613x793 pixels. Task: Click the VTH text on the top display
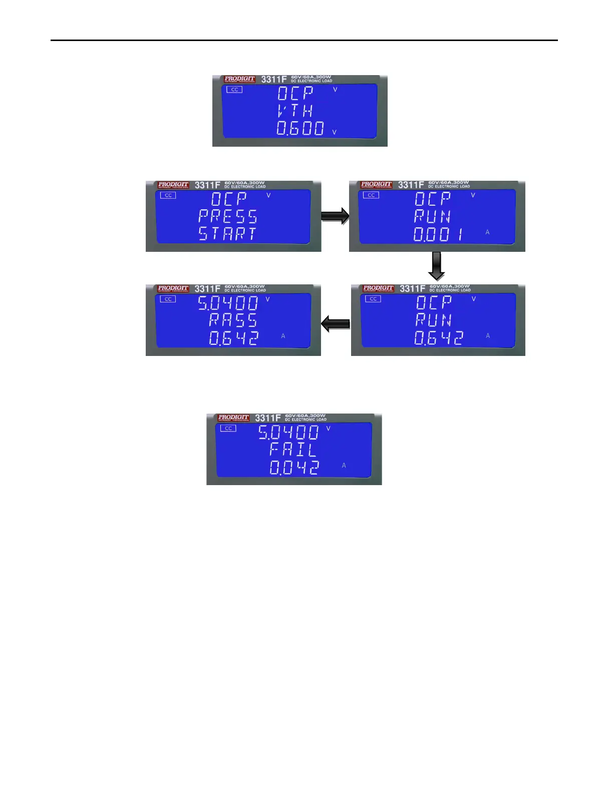[295, 111]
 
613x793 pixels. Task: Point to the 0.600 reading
[300, 128]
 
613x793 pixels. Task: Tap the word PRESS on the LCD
[228, 216]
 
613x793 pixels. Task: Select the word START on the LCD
[227, 234]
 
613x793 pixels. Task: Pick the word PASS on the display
[233, 320]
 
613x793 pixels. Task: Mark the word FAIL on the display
[293, 449]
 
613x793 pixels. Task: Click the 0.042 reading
[294, 468]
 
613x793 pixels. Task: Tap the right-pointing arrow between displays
[335, 216]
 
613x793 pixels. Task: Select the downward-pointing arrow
[437, 266]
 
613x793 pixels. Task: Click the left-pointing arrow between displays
[336, 323]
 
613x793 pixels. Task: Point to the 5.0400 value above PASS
[228, 303]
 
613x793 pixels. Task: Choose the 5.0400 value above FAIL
[288, 432]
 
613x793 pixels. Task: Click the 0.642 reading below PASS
[233, 338]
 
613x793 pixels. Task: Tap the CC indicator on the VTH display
[234, 90]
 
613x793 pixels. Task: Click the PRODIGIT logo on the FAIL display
[233, 418]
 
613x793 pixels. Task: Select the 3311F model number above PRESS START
[207, 185]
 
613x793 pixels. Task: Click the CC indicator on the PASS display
[168, 299]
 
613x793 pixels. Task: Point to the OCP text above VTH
[295, 93]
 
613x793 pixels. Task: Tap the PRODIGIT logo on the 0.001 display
[376, 185]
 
